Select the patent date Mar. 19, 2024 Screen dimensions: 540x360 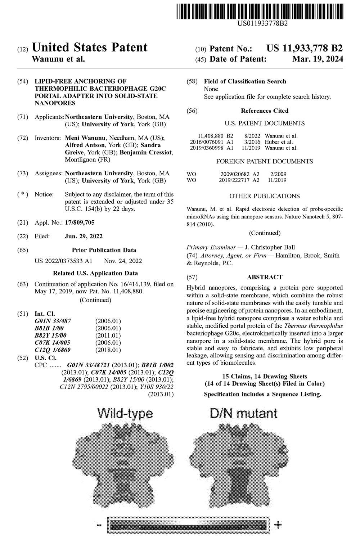[318, 59]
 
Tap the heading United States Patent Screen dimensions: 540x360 [90, 48]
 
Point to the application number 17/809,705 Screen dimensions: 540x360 [80, 222]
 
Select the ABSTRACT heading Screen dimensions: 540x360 [265, 277]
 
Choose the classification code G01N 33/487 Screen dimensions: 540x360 [53, 321]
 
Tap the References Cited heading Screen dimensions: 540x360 [265, 111]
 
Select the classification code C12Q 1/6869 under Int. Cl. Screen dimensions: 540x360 [53, 350]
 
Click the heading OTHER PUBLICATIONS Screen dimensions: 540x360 [265, 196]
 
